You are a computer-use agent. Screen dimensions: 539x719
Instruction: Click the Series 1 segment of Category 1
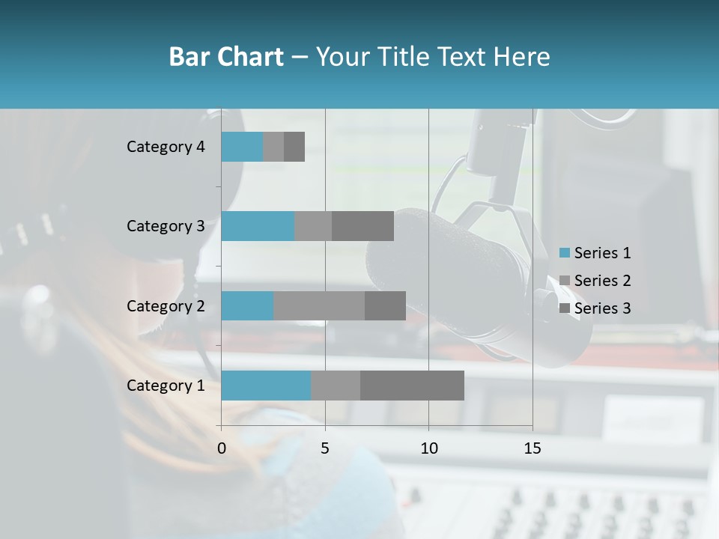tap(266, 386)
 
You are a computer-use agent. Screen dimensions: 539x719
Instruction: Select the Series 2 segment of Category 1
tap(336, 386)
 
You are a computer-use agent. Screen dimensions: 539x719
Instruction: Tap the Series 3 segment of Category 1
tap(412, 386)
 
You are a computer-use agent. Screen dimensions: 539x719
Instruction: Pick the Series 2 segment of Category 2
tap(319, 305)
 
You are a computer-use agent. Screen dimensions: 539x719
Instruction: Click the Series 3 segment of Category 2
tap(385, 305)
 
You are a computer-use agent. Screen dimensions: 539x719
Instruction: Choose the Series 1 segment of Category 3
tap(258, 226)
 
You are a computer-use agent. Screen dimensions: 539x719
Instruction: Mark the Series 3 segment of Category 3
tap(362, 226)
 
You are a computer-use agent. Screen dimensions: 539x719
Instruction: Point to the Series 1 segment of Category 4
tap(242, 147)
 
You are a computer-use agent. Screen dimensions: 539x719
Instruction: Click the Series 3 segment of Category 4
tap(294, 147)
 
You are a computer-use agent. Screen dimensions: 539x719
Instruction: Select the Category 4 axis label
tap(166, 147)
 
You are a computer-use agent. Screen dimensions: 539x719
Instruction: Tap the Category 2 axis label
tap(166, 305)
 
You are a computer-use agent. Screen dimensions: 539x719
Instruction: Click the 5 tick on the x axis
tap(325, 448)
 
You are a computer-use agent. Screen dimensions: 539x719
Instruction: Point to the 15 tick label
tap(532, 448)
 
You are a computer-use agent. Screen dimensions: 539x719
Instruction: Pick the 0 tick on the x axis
tap(222, 448)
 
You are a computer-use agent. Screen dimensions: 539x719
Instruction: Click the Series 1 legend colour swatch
tap(565, 253)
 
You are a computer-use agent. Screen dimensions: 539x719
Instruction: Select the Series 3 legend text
tap(602, 308)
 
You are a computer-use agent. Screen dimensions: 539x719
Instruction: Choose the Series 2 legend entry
tap(595, 281)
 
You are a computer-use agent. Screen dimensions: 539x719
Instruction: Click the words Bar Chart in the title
tap(226, 57)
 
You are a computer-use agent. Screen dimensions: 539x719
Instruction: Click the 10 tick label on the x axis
tap(428, 448)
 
